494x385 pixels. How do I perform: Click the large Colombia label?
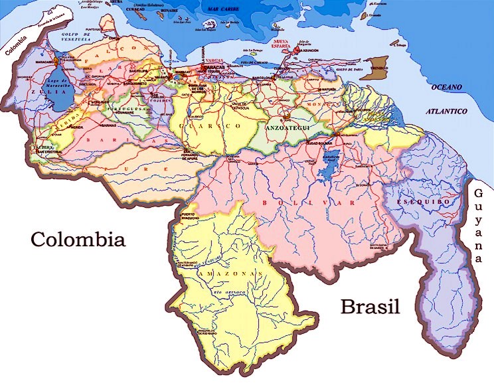pyautogui.click(x=78, y=239)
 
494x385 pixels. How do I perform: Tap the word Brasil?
pyautogui.click(x=370, y=307)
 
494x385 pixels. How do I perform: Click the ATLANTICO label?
pyautogui.click(x=448, y=112)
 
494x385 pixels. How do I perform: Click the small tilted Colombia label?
pyautogui.click(x=16, y=45)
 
